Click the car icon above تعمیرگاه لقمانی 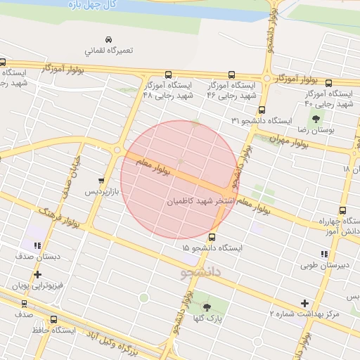108,39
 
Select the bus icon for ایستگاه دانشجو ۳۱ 262,110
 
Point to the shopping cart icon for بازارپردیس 103,180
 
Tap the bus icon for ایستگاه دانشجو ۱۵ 212,237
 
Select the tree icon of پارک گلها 207,307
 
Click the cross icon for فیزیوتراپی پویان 37,274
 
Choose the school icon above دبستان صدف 37,245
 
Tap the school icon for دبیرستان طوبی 323,254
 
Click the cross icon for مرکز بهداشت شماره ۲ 304,303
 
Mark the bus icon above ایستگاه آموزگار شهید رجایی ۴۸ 168,75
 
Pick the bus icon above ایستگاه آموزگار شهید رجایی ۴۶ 231,75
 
